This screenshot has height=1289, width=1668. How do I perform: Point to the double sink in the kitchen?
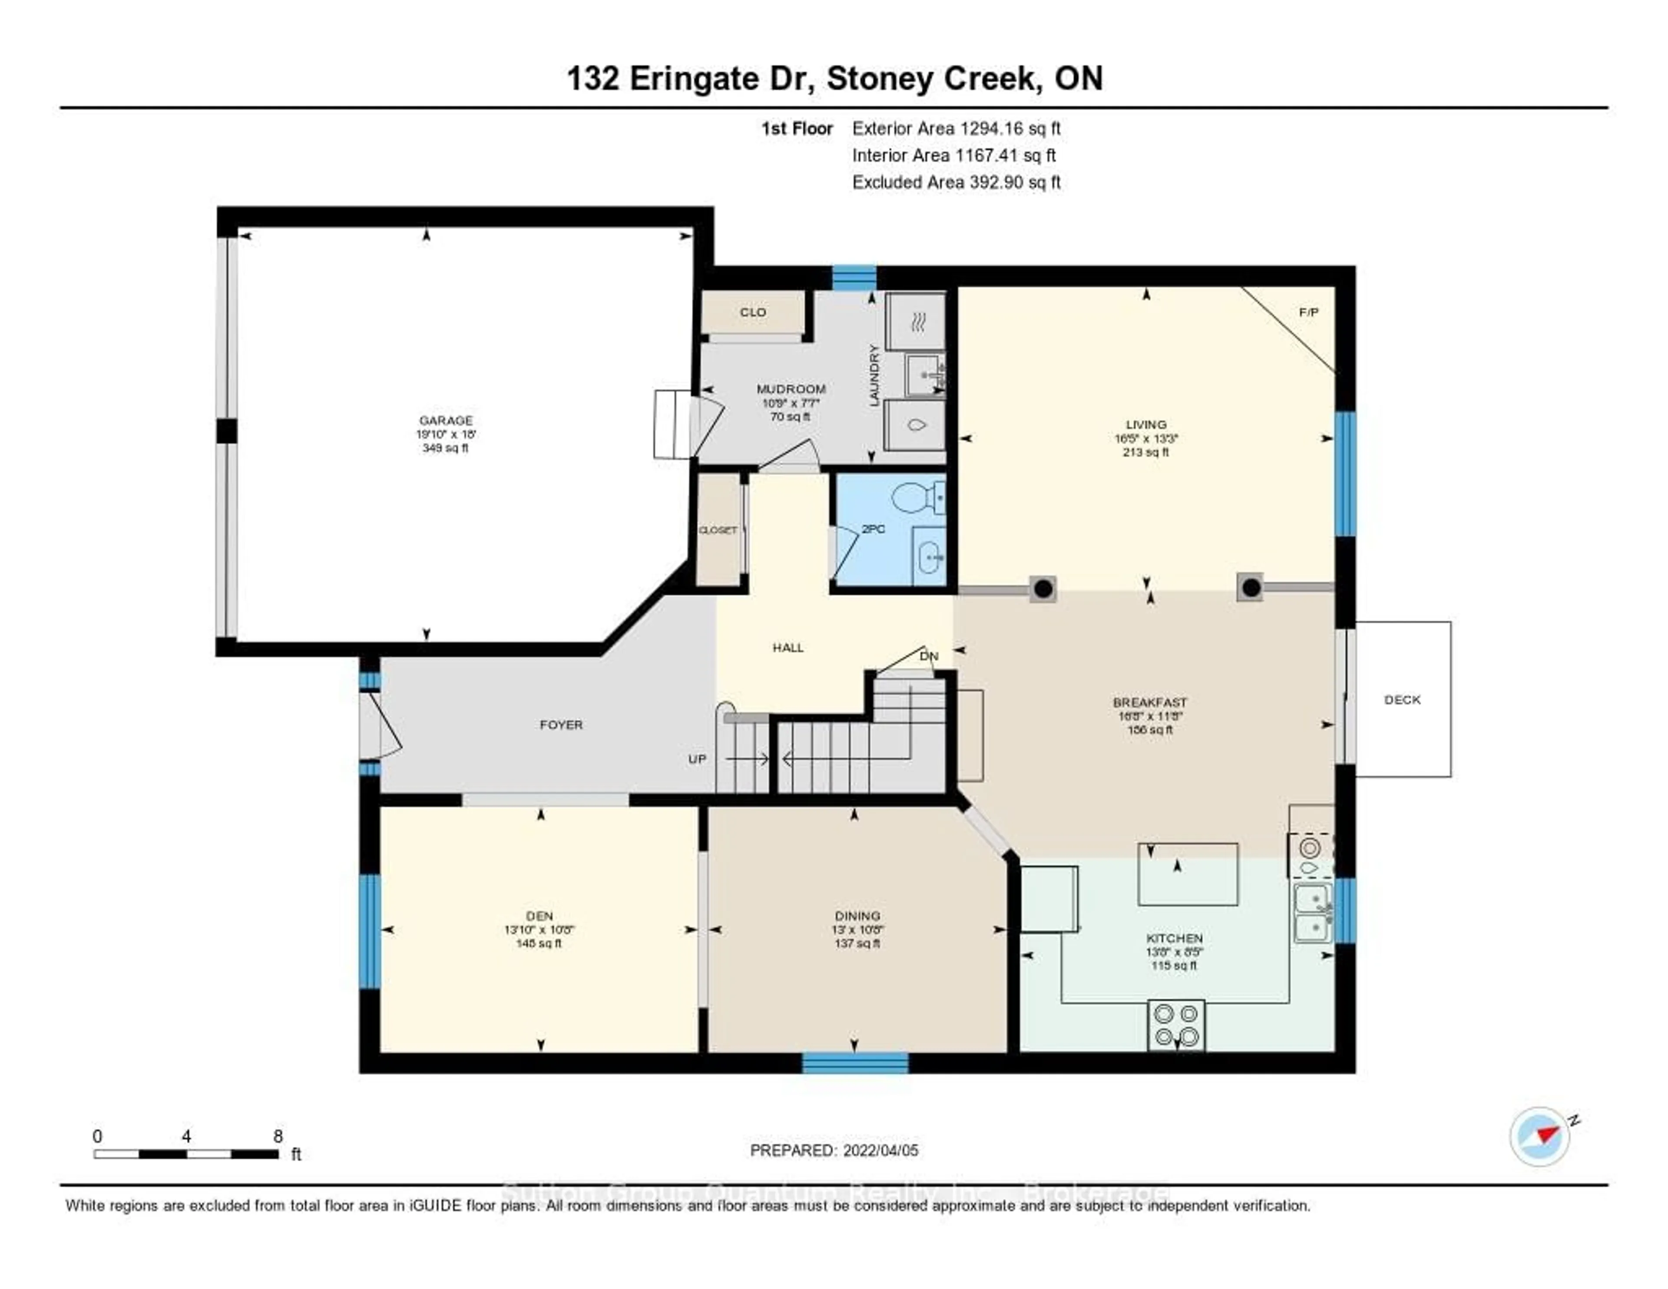point(1313,913)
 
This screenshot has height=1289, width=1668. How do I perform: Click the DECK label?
point(1402,699)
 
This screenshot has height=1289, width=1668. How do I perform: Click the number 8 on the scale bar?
point(278,1136)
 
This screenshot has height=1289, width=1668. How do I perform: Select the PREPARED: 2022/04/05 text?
point(834,1150)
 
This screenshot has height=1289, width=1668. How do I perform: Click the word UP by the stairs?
point(697,759)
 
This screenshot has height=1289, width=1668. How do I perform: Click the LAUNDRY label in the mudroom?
point(874,374)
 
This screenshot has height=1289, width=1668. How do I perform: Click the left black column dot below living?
point(1043,588)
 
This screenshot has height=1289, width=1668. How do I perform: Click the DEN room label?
point(539,915)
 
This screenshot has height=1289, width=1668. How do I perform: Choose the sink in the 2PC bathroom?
point(930,557)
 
